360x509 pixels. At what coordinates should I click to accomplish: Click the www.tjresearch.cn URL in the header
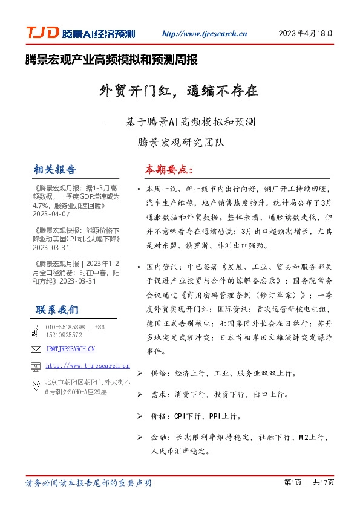[x=206, y=34]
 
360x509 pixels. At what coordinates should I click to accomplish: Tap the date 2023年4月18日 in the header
[x=306, y=34]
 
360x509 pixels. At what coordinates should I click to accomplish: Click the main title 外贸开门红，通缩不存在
[x=179, y=91]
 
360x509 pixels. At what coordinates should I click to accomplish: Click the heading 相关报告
[x=55, y=169]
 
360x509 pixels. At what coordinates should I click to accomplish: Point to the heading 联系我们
[x=57, y=310]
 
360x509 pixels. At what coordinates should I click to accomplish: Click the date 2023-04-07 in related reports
[x=52, y=214]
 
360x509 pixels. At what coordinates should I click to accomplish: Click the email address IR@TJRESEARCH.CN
[x=70, y=349]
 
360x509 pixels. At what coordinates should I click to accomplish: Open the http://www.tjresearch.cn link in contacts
[x=88, y=365]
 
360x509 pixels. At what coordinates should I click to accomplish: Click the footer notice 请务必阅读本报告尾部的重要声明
[x=88, y=483]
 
